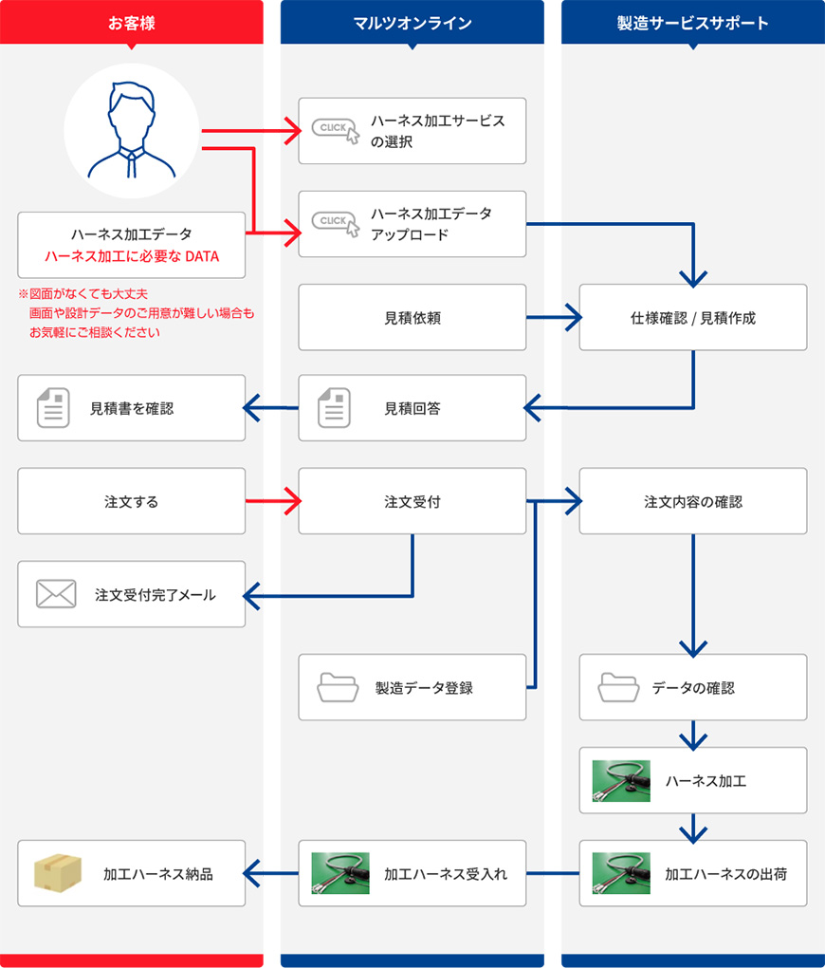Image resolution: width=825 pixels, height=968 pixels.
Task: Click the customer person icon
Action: [131, 131]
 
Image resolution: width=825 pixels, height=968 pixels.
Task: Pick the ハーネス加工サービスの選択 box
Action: [412, 131]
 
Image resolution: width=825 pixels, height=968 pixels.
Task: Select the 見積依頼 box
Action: [412, 318]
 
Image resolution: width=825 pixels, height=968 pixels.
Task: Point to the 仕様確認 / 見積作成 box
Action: [693, 318]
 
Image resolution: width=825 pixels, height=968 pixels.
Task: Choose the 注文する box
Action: [131, 501]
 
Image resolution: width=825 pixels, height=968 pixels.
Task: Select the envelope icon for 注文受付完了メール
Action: [56, 594]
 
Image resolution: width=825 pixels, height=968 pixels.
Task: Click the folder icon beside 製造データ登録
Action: [337, 686]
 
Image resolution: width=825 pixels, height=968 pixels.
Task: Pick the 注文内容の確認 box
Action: [693, 501]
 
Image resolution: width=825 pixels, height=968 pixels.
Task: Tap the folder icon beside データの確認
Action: [618, 686]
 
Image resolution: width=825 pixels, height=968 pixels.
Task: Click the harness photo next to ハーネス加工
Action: [621, 780]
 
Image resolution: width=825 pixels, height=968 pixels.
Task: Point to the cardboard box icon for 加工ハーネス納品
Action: [57, 873]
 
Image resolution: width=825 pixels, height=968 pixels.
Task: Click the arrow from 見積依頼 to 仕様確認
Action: [554, 318]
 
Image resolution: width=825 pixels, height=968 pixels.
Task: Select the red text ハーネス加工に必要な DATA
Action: [132, 255]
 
